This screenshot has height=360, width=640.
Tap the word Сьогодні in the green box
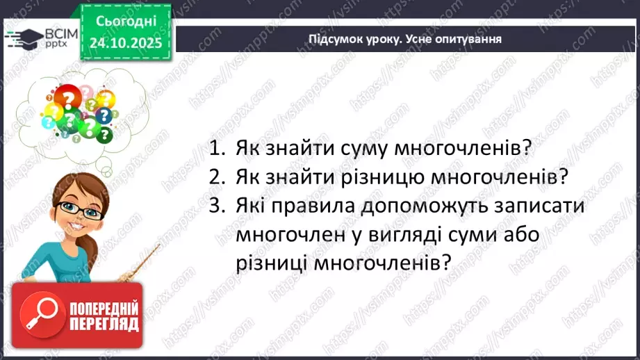[x=126, y=22]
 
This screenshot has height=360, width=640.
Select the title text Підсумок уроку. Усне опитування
[x=405, y=39]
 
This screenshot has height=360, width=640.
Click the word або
[x=530, y=236]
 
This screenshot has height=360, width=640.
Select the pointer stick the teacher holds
[x=138, y=267]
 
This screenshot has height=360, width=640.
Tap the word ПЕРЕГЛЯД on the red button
[x=104, y=324]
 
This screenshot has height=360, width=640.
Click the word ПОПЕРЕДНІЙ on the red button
[x=104, y=307]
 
